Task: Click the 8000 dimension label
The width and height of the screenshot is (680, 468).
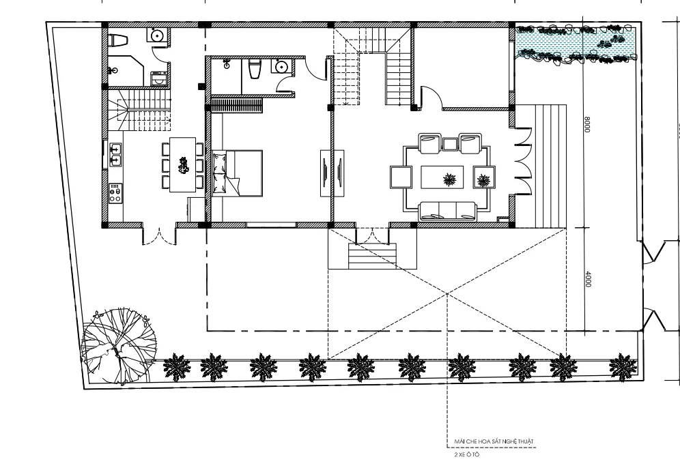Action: coord(587,124)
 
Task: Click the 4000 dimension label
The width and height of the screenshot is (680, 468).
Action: coord(588,278)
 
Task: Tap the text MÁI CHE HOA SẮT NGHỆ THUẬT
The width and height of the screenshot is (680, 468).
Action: coord(494,441)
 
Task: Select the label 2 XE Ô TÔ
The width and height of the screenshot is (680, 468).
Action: coord(466,454)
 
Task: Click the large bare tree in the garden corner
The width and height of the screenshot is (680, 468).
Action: coord(118,345)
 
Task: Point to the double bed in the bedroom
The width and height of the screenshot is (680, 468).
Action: coord(237,173)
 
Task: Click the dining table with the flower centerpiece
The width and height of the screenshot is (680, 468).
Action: coord(182,164)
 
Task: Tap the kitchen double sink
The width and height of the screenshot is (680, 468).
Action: coord(116,155)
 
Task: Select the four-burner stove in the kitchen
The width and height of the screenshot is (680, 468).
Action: coord(115,193)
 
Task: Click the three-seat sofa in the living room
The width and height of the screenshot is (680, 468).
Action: coord(448,211)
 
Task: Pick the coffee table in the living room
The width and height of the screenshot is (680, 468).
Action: coord(442,177)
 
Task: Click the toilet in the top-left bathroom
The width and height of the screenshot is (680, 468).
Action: coord(117,40)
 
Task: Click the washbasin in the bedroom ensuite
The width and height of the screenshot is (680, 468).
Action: coord(282,67)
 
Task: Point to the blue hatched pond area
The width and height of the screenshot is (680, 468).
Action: coord(576,44)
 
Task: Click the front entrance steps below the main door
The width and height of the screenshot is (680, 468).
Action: coord(372,256)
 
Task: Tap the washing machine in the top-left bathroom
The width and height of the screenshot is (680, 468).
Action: coord(158,78)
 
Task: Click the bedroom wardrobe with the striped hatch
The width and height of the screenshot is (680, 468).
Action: coord(237,106)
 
